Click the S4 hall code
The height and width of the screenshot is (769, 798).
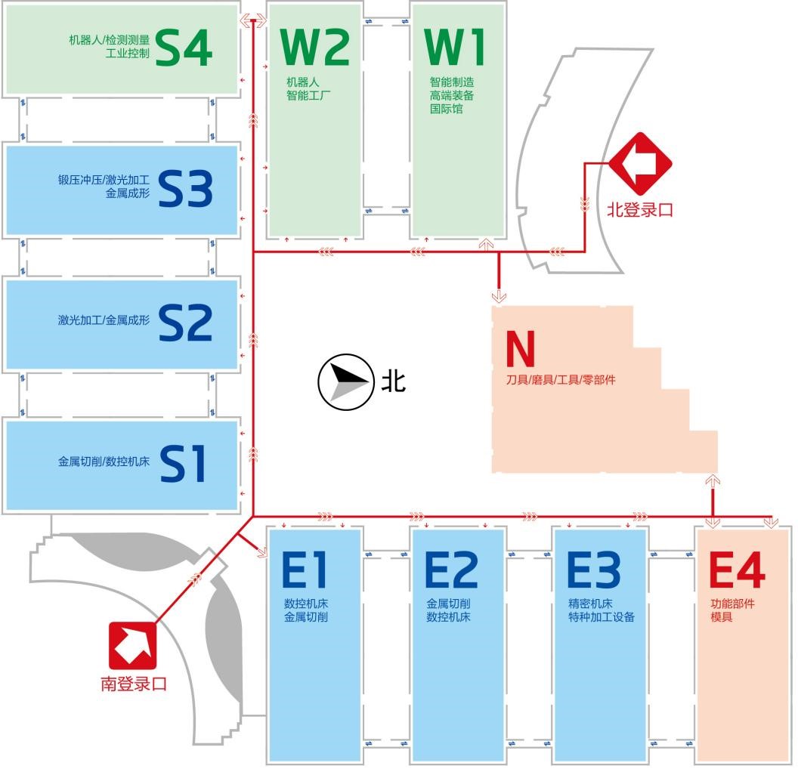coord(184,48)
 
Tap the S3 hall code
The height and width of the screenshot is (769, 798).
coord(186,189)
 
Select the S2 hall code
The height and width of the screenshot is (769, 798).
coord(186,323)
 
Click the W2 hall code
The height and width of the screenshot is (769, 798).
coord(314,47)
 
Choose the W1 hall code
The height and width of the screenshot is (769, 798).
coord(455,47)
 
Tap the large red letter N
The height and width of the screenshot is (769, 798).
coord(520,348)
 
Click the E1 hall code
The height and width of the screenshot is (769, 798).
coord(305,570)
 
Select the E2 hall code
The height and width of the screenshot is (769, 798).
coord(451,570)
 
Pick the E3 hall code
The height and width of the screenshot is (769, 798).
coord(594,570)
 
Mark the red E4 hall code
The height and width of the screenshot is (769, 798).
coord(737,570)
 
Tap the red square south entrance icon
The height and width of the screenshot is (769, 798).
coord(132,645)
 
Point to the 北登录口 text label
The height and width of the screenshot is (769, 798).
coord(640,209)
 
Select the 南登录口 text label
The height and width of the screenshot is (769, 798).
coord(133,684)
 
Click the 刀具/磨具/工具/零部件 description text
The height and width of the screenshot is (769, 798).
coord(561,380)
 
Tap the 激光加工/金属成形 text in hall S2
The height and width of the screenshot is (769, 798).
coord(104,320)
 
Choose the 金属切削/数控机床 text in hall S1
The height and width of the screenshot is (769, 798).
coord(104,461)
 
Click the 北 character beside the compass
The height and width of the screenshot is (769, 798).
coord(393,381)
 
